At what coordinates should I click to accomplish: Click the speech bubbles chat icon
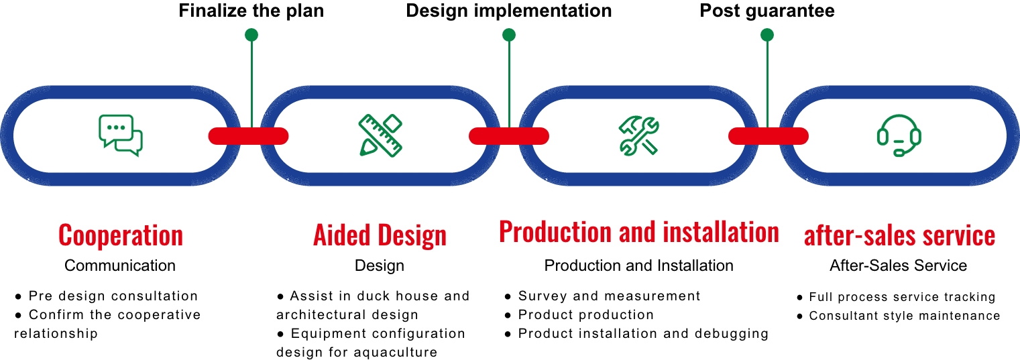click(121, 135)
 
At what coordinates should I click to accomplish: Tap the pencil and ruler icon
click(380, 135)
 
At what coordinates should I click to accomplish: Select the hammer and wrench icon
click(638, 135)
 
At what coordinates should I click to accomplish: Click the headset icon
click(899, 135)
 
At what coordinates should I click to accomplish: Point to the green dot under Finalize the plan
click(251, 35)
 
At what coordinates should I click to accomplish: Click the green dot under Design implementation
click(508, 35)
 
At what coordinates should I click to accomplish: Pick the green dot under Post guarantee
click(767, 35)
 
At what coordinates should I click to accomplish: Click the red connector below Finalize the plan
click(248, 136)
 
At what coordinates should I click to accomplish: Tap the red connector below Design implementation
click(508, 136)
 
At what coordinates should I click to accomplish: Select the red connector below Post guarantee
click(769, 136)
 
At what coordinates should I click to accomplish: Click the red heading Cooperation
click(121, 236)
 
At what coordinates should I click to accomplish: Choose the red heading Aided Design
click(380, 236)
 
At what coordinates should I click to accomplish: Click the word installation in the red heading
click(721, 232)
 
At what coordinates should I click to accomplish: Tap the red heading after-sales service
click(899, 236)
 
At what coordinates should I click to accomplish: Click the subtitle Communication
click(120, 265)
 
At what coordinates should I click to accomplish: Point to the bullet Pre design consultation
click(106, 296)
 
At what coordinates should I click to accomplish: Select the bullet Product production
click(579, 314)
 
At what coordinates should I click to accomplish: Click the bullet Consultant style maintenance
click(899, 315)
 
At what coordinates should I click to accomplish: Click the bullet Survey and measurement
click(602, 296)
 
